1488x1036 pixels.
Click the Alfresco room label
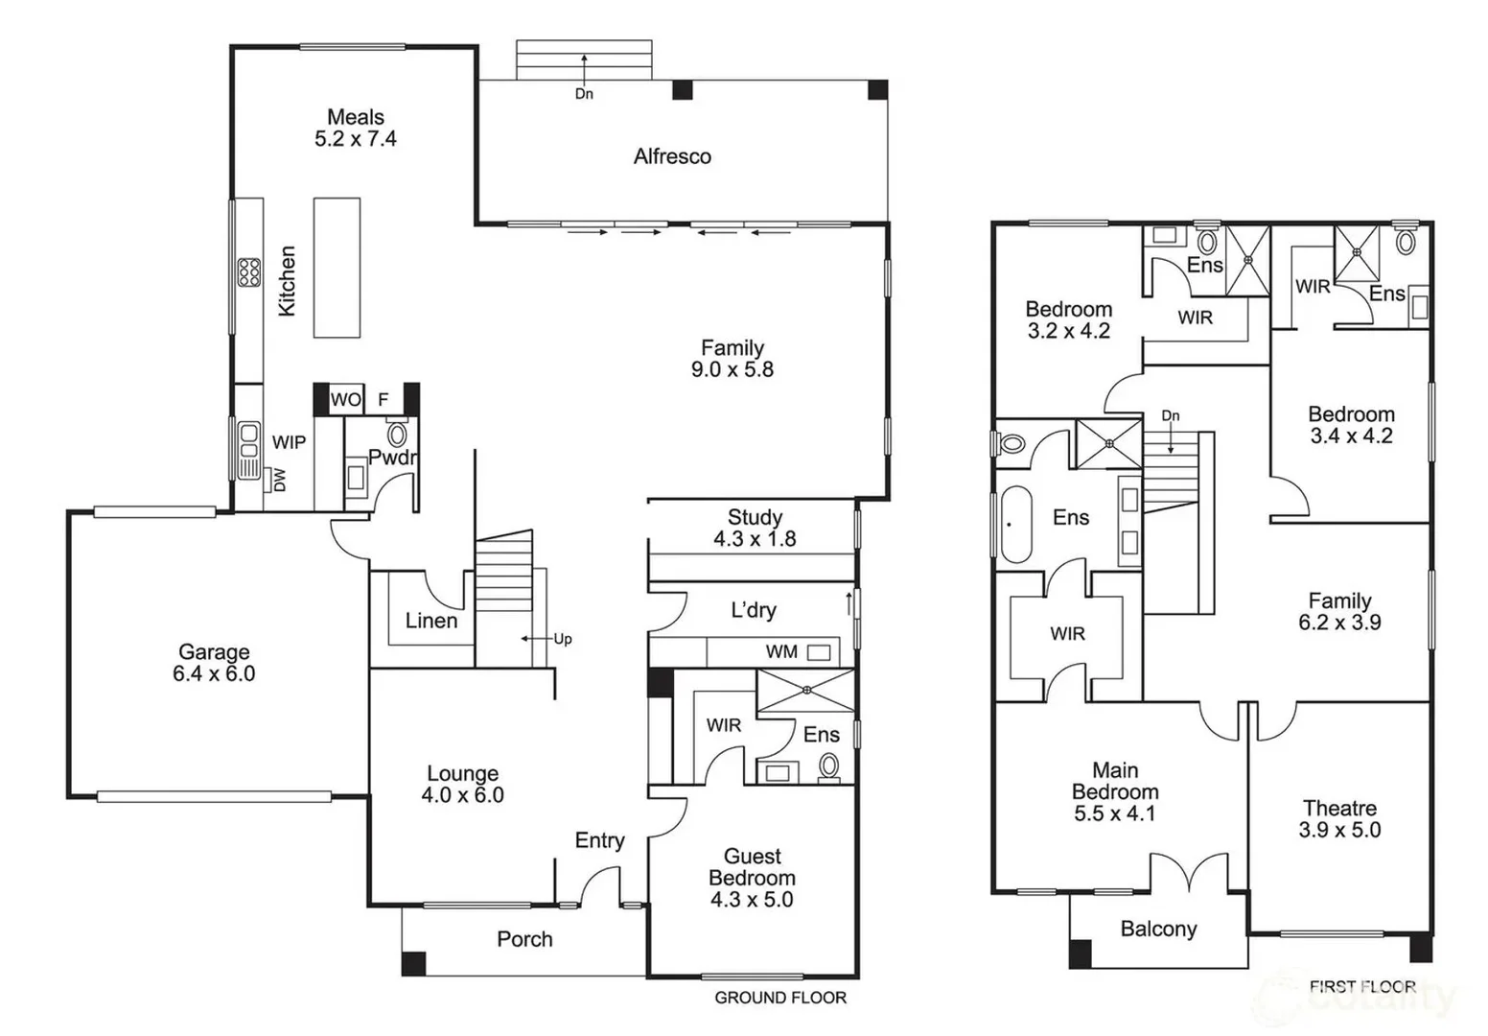[672, 156]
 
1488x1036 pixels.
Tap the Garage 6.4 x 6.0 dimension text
[214, 673]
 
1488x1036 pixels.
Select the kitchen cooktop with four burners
[249, 273]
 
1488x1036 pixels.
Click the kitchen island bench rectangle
[337, 268]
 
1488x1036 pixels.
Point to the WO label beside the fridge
[345, 399]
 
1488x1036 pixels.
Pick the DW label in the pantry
[280, 480]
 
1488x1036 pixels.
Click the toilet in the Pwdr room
[397, 434]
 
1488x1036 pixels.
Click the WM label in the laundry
[781, 651]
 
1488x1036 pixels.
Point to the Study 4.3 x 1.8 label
[755, 529]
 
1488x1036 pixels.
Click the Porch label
[524, 939]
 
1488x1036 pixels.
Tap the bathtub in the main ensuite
[1014, 525]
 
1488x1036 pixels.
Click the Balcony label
[1158, 929]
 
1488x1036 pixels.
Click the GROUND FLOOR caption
[779, 998]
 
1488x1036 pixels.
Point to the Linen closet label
[431, 621]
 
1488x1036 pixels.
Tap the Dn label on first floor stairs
[1170, 415]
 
